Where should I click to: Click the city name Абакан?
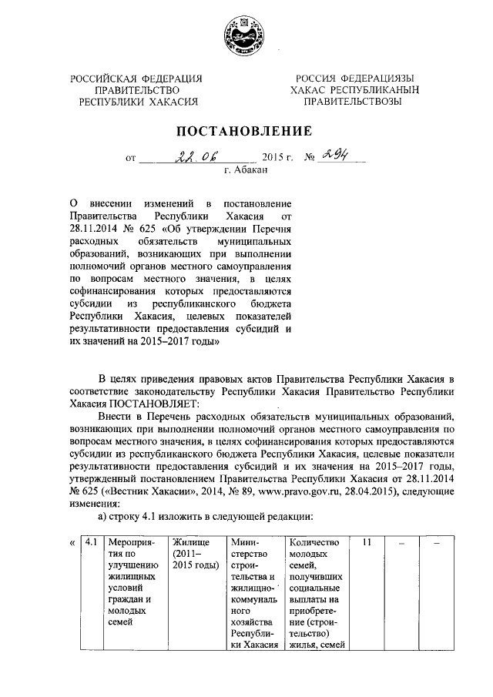(246, 171)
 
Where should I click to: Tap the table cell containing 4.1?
(91, 542)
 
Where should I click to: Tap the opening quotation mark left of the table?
(72, 542)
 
